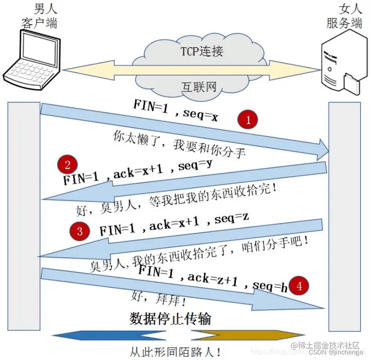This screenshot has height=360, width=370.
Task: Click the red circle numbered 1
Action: tap(248, 120)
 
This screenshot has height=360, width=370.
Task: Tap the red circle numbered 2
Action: tap(68, 165)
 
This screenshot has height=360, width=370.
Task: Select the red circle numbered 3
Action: tap(79, 231)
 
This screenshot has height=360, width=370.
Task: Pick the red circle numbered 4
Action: tap(299, 286)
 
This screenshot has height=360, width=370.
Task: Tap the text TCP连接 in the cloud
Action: tap(201, 51)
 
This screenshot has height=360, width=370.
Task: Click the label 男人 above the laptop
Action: tap(45, 8)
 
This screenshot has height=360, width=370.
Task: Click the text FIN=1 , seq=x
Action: tap(175, 110)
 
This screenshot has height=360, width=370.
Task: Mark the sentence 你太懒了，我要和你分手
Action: tap(179, 145)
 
